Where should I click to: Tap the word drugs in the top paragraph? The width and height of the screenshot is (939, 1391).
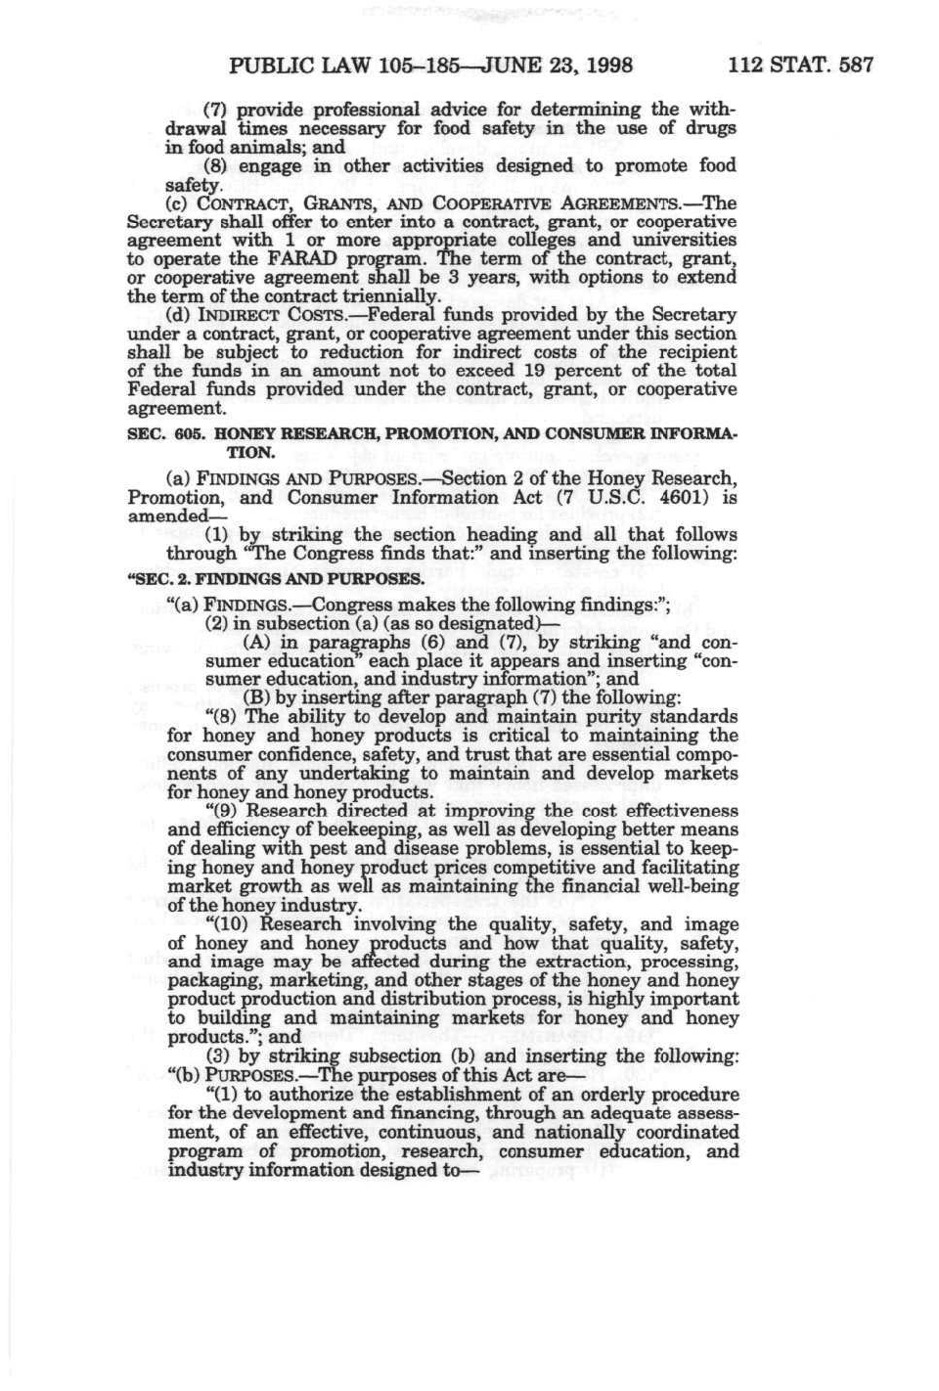point(710,128)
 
